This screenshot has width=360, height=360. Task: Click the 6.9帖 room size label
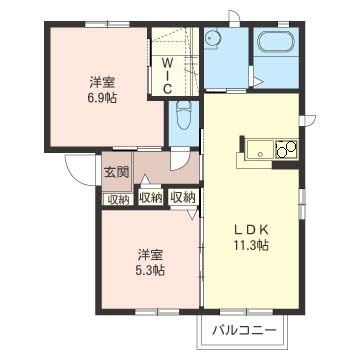pos(103,97)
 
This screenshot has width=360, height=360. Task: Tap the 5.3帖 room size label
pos(150,270)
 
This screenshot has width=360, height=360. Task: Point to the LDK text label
pos(251,230)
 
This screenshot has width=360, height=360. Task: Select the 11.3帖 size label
pos(251,246)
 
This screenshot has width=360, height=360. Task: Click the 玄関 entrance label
pos(116,172)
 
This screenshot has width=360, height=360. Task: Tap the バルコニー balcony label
pos(245,330)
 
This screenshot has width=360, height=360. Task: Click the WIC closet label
pos(167,75)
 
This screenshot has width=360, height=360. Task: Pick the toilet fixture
pos(183,115)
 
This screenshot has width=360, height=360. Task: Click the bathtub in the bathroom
pos(276,42)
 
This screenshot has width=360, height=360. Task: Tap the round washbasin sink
pos(211,38)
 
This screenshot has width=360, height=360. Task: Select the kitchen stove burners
pos(287,148)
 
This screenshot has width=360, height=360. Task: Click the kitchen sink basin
pos(260,148)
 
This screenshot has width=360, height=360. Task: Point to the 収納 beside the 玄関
pos(118,199)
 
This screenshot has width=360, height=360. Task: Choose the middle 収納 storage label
pos(151,198)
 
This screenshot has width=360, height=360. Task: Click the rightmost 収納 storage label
pos(183,198)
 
